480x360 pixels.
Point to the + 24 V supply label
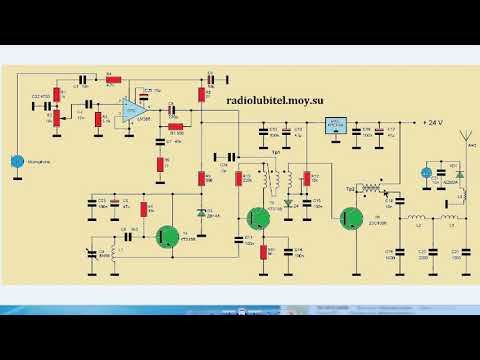point(433,122)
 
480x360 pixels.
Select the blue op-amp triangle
point(131,113)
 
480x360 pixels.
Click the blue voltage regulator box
point(335,124)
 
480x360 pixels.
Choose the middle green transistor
point(260,219)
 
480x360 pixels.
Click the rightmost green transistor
point(351,219)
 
